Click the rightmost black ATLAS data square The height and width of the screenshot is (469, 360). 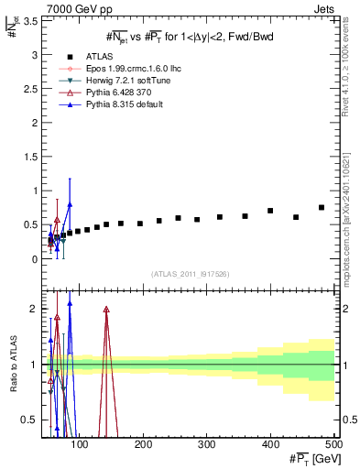[x=322, y=208]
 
